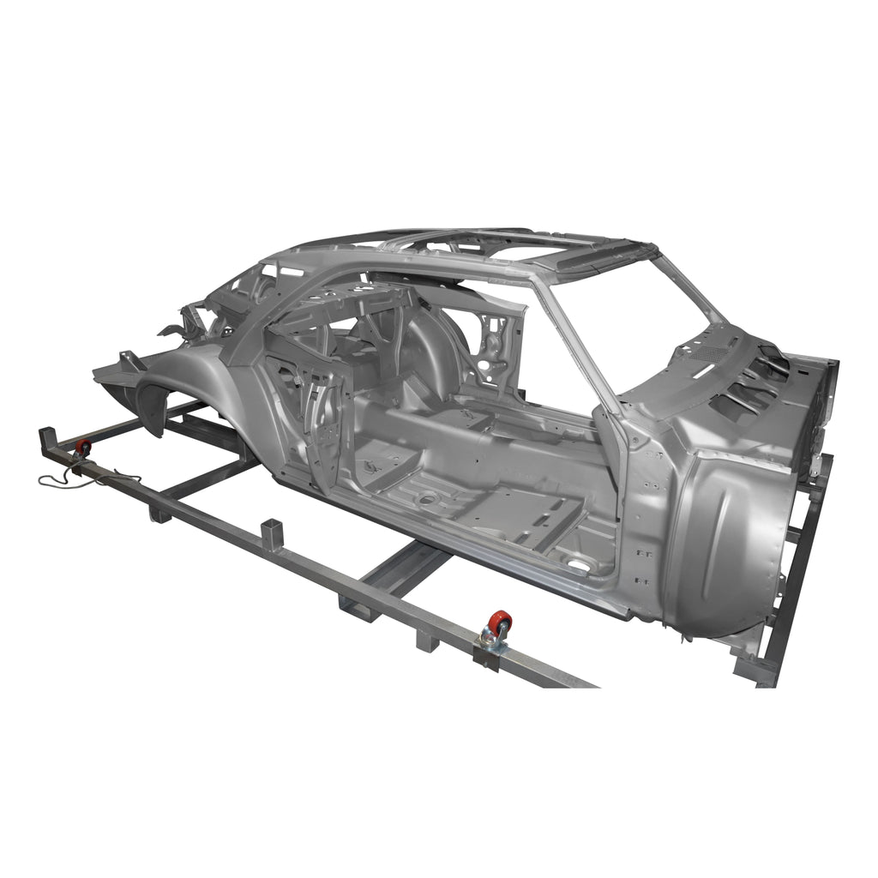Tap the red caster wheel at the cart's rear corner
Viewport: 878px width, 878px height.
84,448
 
